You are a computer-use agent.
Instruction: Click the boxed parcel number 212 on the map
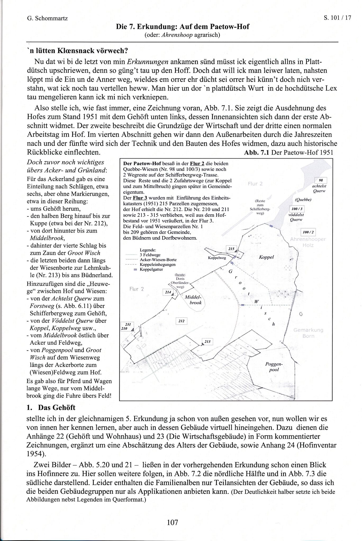click(182, 321)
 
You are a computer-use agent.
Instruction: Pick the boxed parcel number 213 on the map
click(207, 342)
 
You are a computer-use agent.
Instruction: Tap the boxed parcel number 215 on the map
click(231, 249)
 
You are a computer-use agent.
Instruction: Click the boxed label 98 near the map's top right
click(321, 180)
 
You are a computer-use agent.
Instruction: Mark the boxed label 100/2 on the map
click(308, 232)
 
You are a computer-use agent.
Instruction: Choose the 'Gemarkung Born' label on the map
click(308, 333)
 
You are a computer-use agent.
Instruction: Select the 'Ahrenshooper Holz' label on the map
click(308, 242)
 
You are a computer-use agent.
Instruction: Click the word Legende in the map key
click(148, 250)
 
